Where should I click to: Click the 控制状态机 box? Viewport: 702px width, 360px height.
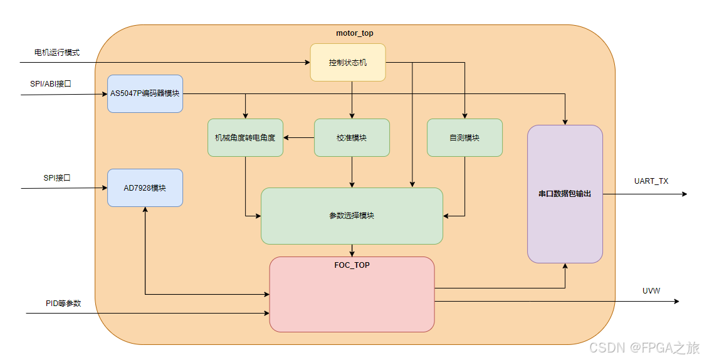coord(348,63)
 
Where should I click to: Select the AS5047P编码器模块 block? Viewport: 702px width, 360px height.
coord(145,93)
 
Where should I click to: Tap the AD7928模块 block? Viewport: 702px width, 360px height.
coord(145,188)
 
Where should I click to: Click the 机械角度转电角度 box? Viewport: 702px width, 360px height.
coord(245,137)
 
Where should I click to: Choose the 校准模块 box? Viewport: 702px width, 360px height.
coord(352,137)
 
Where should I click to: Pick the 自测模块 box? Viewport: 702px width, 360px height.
coord(464,137)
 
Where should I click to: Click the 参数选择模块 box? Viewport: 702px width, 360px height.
coord(352,216)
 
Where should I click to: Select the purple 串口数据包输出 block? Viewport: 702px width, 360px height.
coord(565,194)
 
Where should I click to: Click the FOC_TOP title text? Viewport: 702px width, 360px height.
coord(352,265)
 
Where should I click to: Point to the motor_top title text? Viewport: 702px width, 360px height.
coord(355,33)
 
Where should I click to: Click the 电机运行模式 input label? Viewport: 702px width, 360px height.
coord(57,53)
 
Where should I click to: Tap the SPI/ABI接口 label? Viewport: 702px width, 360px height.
coord(51,83)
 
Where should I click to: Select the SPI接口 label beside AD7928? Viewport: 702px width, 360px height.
coord(57,177)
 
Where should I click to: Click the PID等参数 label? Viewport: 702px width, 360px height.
coord(63,303)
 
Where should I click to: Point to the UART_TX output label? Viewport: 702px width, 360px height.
coord(651,181)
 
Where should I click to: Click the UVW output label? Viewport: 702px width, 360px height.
coord(651,291)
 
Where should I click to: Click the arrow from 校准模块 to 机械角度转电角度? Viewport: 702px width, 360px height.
coord(298,138)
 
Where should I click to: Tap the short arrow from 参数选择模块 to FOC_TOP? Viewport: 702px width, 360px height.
coord(352,250)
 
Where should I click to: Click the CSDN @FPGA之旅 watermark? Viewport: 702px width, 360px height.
coord(644,347)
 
